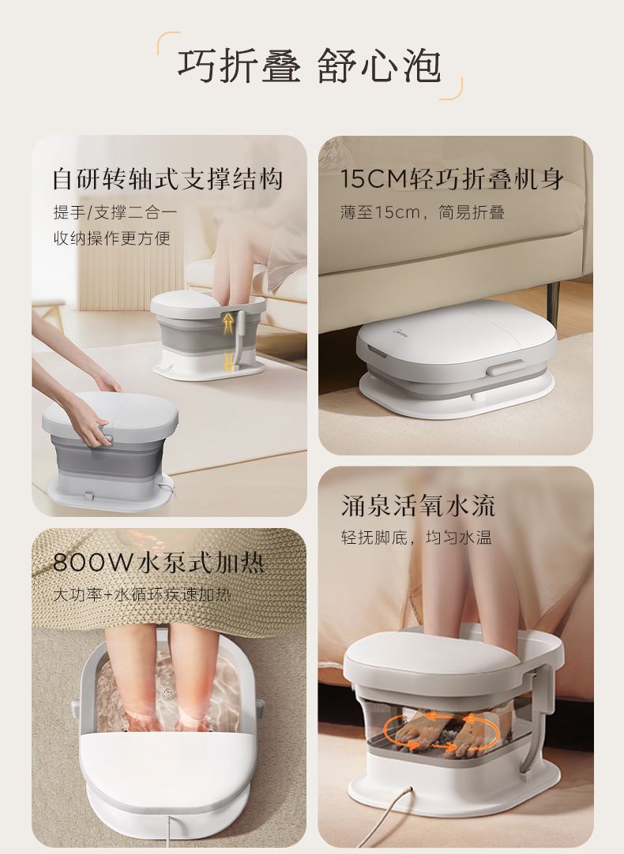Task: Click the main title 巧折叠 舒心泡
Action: (309, 66)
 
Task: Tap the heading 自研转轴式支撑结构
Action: (168, 179)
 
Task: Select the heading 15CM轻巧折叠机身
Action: (452, 178)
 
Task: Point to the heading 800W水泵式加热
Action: (159, 563)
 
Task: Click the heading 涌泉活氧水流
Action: (418, 505)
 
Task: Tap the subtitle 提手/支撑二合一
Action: (115, 212)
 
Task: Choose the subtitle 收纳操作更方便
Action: (111, 238)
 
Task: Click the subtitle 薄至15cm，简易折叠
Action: (423, 212)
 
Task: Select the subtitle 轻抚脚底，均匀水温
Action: (416, 538)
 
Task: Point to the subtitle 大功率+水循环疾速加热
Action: (141, 594)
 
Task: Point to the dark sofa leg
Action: (553, 298)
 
